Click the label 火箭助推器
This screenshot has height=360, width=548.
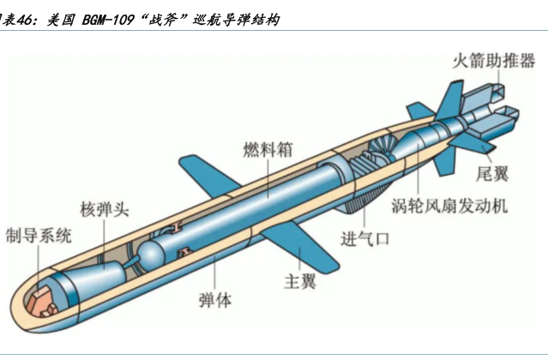(494, 62)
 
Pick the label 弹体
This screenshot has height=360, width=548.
(214, 301)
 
